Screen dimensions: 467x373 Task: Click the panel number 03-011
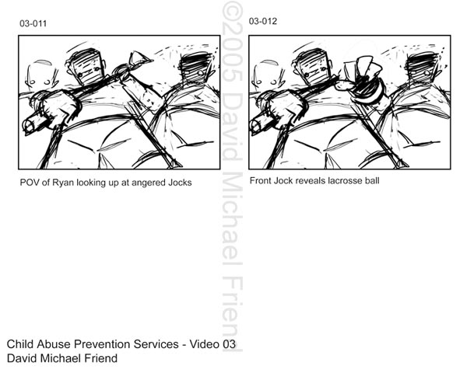33,23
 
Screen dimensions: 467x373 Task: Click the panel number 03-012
263,21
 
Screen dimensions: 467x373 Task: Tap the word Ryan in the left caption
63,183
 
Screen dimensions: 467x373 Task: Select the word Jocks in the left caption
180,183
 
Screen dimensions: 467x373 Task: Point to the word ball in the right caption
372,180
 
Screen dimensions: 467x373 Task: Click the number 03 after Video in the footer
229,344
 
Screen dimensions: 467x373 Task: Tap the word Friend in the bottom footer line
101,358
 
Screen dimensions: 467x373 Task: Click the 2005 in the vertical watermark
232,56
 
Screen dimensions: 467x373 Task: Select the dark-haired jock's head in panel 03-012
423,66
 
